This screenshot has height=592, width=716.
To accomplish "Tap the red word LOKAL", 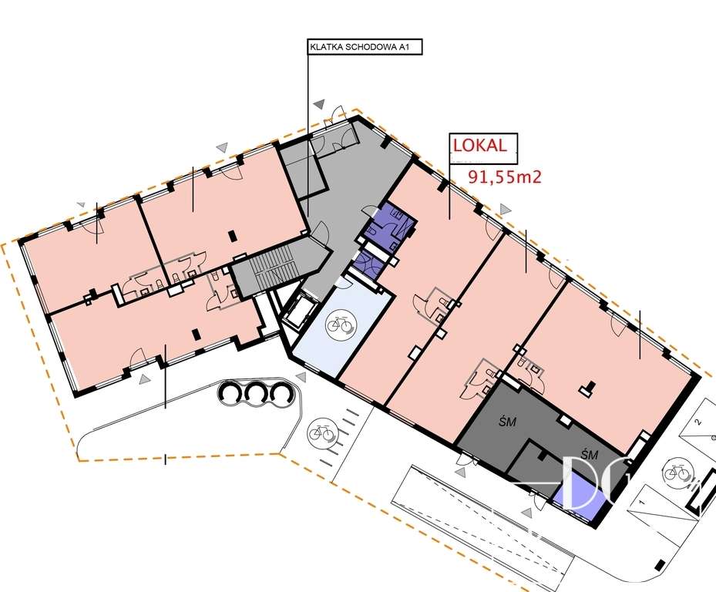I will (x=483, y=146).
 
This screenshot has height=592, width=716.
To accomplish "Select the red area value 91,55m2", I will (x=505, y=177).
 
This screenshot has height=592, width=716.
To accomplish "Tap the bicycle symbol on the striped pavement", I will (x=321, y=433).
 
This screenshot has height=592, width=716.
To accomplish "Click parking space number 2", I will (x=698, y=422).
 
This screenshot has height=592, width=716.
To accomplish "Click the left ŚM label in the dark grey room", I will (x=506, y=422).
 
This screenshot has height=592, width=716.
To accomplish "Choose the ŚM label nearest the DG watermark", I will (x=590, y=455).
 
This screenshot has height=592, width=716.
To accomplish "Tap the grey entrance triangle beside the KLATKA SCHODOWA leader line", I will (x=318, y=103).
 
